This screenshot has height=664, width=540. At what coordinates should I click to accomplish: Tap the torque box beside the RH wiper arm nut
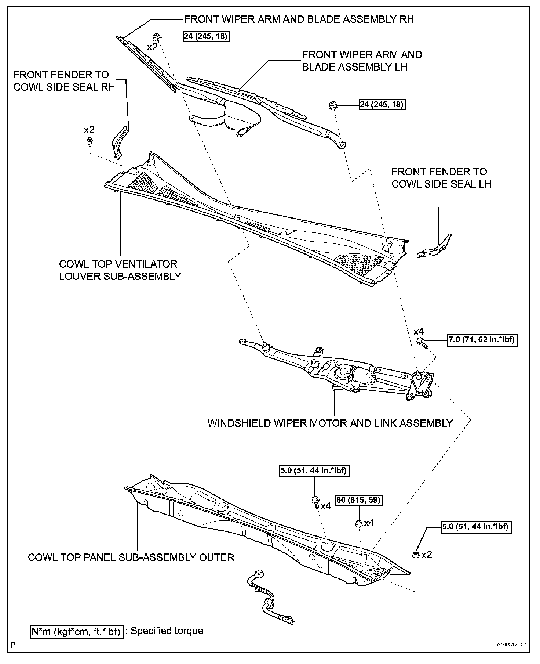[207, 36]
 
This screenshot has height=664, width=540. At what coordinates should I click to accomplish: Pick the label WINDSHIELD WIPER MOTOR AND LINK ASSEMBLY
[330, 423]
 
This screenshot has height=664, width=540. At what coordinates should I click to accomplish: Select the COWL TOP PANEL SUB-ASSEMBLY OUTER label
[131, 557]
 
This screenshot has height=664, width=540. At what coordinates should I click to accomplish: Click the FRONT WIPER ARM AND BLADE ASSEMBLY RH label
[299, 19]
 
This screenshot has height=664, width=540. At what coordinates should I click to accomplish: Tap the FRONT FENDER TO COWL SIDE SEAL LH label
[441, 178]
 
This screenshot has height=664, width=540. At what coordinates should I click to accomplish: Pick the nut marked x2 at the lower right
[415, 555]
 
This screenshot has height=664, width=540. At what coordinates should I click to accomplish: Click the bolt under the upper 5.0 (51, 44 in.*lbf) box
[315, 501]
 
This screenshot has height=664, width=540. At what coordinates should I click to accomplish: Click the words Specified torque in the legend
[167, 631]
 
